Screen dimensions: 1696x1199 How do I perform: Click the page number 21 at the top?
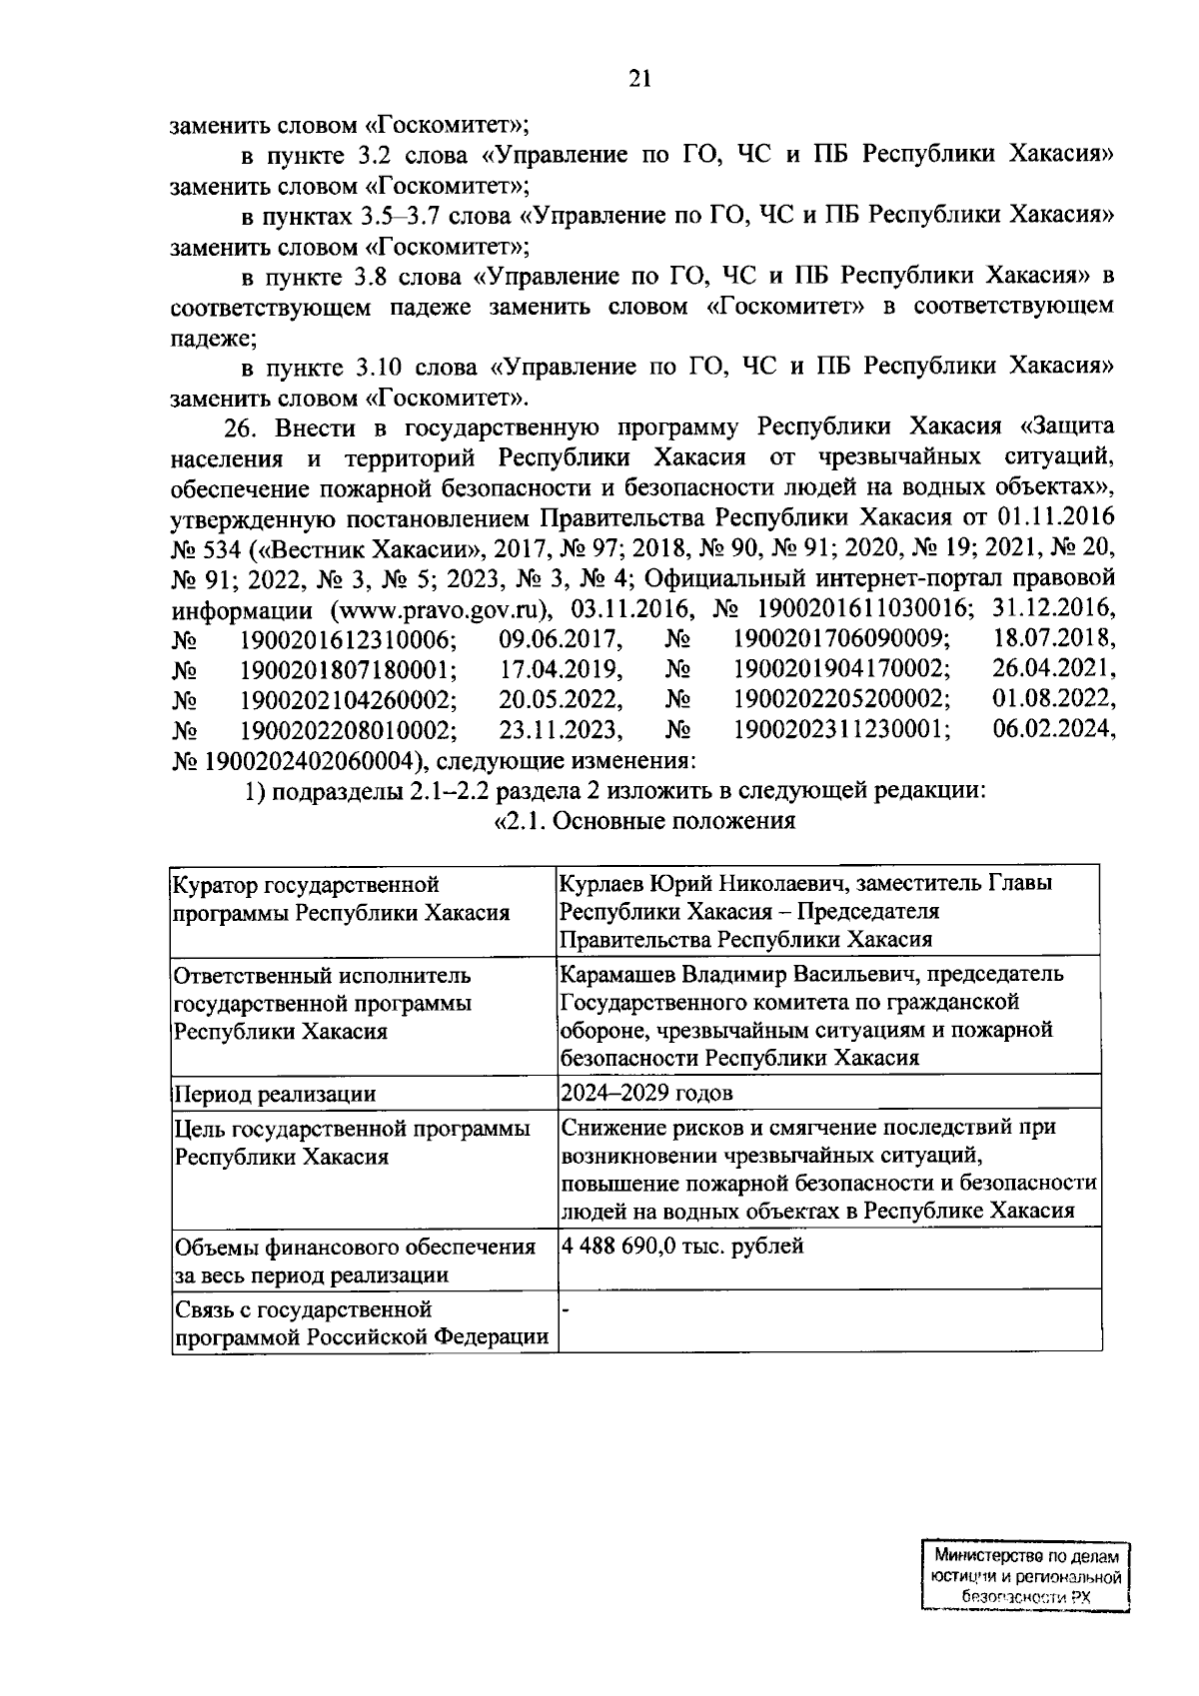click(x=639, y=80)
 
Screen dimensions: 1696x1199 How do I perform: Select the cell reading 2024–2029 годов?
click(x=646, y=1093)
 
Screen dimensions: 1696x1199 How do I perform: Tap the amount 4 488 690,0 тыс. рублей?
click(x=682, y=1247)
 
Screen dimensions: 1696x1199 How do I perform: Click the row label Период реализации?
click(x=275, y=1094)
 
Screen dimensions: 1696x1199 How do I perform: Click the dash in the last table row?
click(x=566, y=1308)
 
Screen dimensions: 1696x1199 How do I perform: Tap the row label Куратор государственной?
click(x=307, y=884)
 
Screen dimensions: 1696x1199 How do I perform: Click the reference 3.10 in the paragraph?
click(x=378, y=367)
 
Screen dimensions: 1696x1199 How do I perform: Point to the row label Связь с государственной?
click(x=303, y=1308)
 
